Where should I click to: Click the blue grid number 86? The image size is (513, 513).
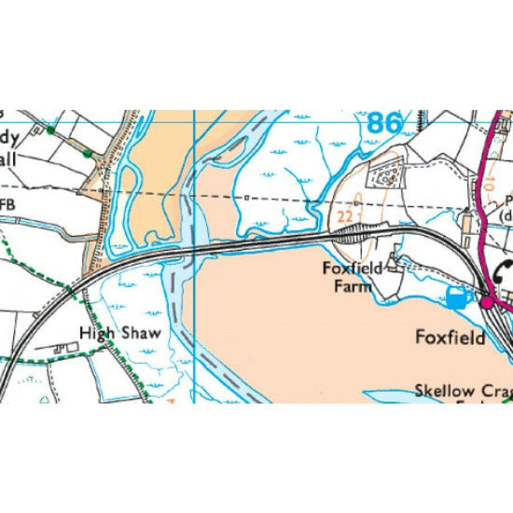tap(385, 123)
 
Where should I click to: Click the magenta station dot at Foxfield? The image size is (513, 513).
tap(486, 300)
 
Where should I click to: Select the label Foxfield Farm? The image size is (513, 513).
tap(346, 278)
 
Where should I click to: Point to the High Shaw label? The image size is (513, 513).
tap(120, 333)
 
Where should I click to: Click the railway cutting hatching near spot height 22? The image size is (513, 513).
tap(355, 236)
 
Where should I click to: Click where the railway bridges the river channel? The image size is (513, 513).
tap(192, 248)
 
